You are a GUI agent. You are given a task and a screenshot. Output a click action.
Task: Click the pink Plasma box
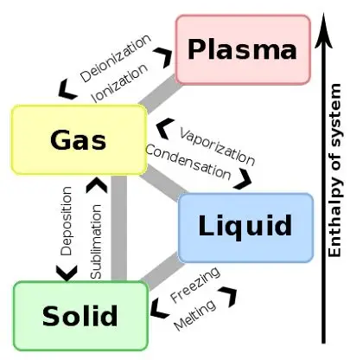click(242, 49)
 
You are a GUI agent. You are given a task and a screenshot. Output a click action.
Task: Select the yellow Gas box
click(79, 139)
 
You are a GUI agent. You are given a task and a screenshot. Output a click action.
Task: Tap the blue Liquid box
click(245, 227)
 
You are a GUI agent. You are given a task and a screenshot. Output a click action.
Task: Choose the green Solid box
click(80, 315)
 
